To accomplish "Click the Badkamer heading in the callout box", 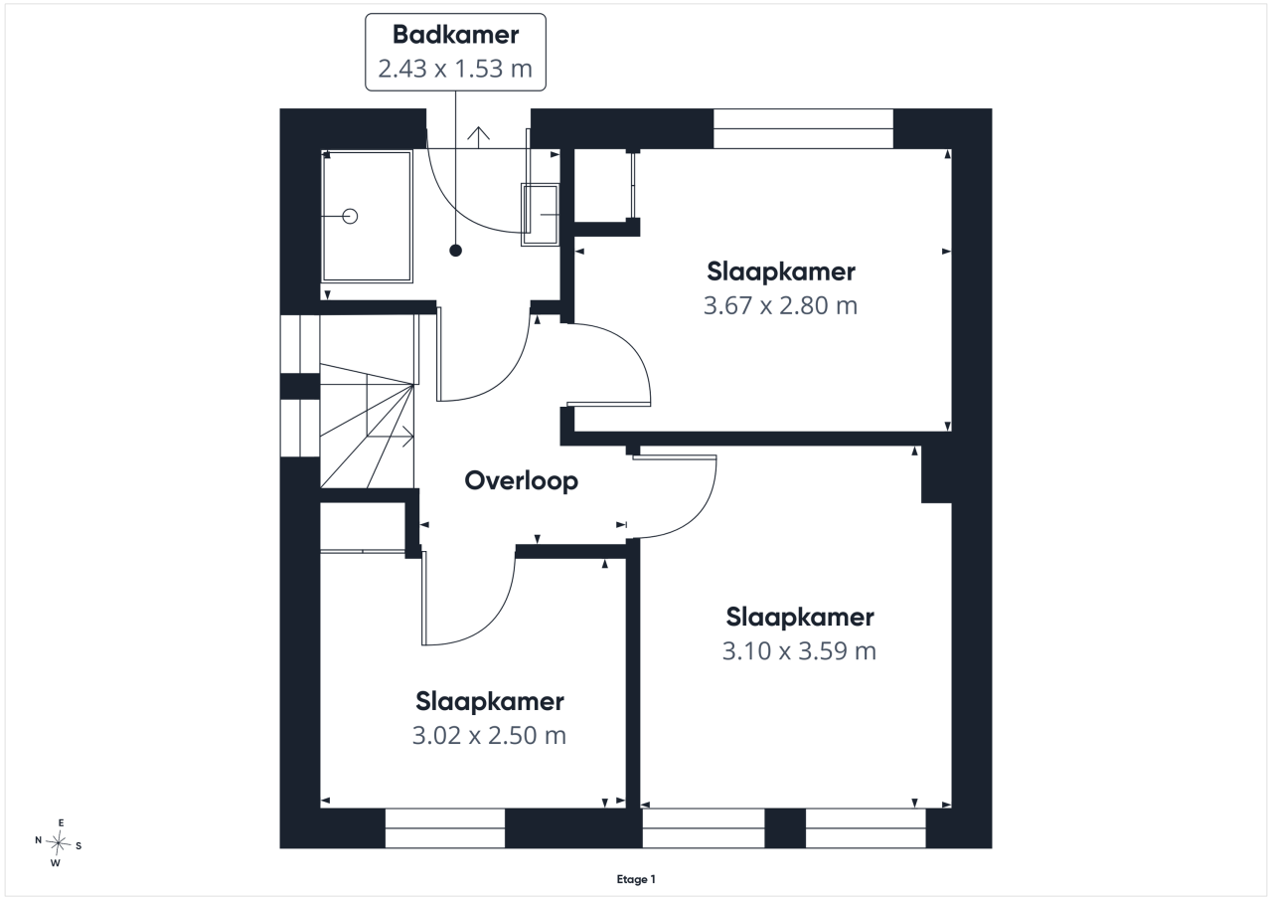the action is point(455,35).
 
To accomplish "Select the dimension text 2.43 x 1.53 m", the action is point(455,69).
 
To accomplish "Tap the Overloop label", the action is point(522,480).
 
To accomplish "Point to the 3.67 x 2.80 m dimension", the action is point(780,305).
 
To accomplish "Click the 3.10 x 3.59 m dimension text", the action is point(799,651).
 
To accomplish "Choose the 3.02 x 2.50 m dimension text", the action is point(489,736).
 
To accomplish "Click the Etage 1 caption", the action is point(636,879).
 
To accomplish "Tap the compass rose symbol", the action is point(58,843).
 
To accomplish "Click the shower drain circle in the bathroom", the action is point(351,217).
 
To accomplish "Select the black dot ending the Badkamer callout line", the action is point(455,250).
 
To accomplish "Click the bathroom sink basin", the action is point(540,215).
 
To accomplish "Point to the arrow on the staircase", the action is point(391,437).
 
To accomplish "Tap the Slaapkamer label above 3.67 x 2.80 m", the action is point(781,271).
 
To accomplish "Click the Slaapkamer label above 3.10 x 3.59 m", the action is point(800,617).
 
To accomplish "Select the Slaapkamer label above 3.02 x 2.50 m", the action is point(490,702).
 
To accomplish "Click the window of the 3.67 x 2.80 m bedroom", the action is point(803,129).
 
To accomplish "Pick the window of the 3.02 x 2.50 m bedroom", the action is point(445,828).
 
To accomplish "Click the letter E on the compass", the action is point(62,822).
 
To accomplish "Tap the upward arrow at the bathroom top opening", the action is point(478,137).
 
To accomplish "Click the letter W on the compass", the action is point(55,863).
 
